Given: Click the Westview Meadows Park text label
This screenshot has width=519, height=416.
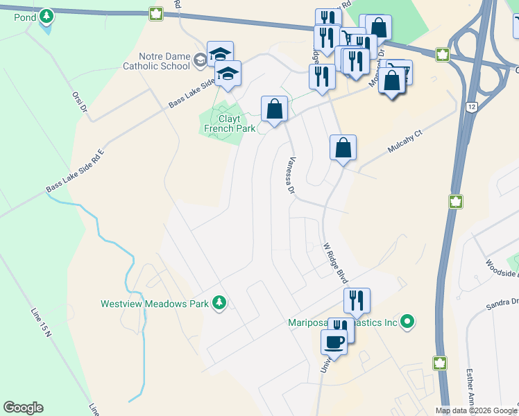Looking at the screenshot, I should pyautogui.click(x=155, y=304).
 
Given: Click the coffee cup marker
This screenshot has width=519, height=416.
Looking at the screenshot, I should pyautogui.click(x=334, y=342).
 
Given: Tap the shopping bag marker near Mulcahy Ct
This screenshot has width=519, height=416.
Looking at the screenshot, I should pyautogui.click(x=343, y=148).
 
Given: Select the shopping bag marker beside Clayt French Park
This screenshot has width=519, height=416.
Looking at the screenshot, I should pyautogui.click(x=274, y=109).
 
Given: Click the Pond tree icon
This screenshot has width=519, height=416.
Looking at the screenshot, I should pyautogui.click(x=46, y=15).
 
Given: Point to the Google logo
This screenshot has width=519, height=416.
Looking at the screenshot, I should pyautogui.click(x=23, y=408).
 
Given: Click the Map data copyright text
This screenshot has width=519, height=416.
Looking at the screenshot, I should pyautogui.click(x=477, y=410).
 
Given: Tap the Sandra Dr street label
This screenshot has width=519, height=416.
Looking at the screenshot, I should pyautogui.click(x=502, y=302).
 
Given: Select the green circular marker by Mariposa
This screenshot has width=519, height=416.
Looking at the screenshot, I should pyautogui.click(x=408, y=321).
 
